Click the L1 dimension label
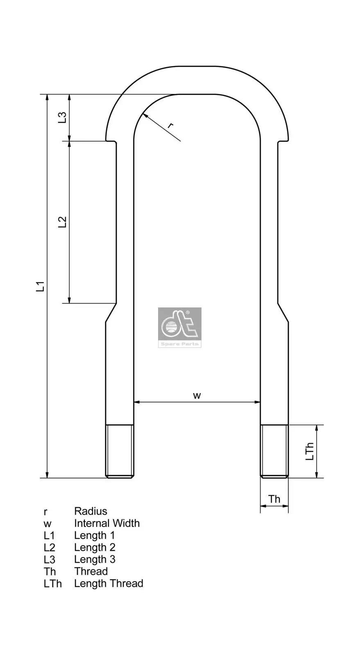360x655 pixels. click(40, 286)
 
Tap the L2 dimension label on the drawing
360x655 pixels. click(62, 222)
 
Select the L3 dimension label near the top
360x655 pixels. click(62, 117)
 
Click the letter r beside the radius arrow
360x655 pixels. click(171, 125)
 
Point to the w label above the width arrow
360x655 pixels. click(197, 395)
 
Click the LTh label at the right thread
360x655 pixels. click(310, 451)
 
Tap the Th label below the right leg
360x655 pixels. click(274, 499)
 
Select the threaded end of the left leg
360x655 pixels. click(120, 451)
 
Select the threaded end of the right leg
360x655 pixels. click(274, 451)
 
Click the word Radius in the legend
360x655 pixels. click(91, 511)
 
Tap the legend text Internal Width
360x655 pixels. click(106, 523)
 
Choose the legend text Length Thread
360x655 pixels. click(109, 583)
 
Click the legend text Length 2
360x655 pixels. click(95, 547)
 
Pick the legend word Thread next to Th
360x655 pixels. click(91, 571)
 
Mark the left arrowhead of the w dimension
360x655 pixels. click(137, 402)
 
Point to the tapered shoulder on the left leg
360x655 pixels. click(111, 313)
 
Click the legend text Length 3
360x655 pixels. click(95, 559)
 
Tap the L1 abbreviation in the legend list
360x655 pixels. click(49, 535)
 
